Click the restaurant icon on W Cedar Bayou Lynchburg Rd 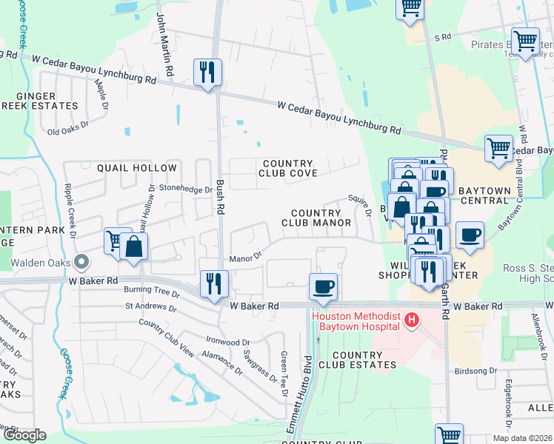pos(207,73)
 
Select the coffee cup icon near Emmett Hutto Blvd pos(322,286)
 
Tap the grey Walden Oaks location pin pos(81,262)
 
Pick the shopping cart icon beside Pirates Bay pos(525,41)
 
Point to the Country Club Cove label pos(287,168)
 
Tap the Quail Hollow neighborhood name pos(137,168)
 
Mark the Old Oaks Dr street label pos(67,130)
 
